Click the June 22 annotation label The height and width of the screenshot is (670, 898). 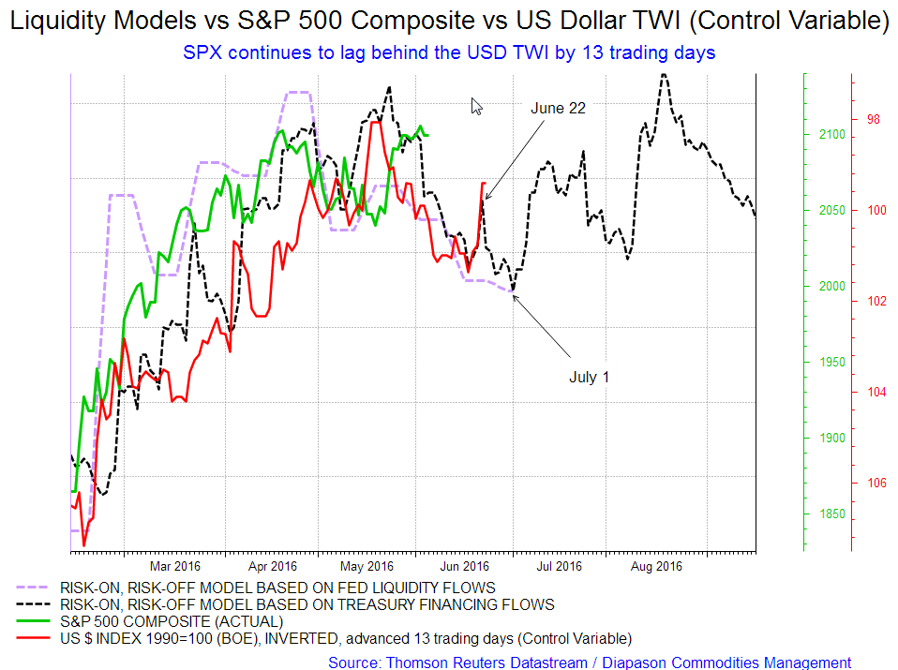pos(558,109)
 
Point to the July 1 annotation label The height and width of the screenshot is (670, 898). pos(589,378)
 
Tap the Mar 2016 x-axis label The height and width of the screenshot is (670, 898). pos(175,566)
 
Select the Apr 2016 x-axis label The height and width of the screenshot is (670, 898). pos(272,566)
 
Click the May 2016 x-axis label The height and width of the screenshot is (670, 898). pos(367,566)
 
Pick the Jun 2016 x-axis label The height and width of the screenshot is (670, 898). pos(464,566)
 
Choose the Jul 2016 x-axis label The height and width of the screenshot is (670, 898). pos(559,566)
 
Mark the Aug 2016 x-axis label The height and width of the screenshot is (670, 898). pos(655,566)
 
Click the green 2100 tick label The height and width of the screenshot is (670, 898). pos(831,135)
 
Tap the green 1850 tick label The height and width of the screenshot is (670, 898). pos(831,514)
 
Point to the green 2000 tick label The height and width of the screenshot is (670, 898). pos(831,287)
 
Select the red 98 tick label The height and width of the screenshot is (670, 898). pos(875,119)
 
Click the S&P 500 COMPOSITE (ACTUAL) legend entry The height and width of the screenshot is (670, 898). pos(170,621)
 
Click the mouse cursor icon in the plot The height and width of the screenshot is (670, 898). pos(476,106)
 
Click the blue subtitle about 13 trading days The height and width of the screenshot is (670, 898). pos(448,52)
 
